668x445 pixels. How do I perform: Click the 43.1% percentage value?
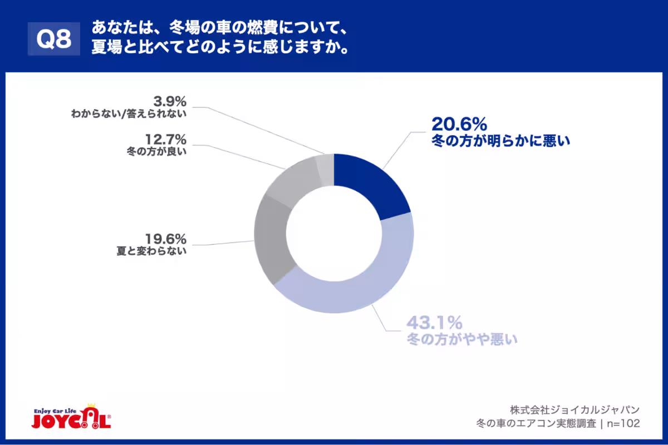[x=434, y=322]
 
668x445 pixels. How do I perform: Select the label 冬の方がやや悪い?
[x=462, y=338]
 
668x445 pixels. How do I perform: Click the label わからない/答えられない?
[x=128, y=114]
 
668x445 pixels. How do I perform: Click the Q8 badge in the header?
[x=54, y=39]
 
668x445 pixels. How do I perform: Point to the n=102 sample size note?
[x=622, y=423]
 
